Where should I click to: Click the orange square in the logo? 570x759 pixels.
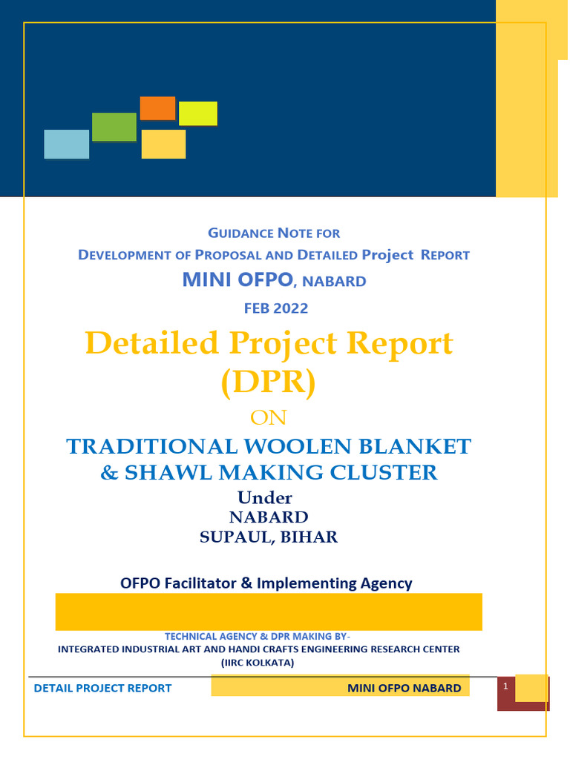coord(157,108)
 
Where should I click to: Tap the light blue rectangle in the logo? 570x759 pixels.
coord(67,144)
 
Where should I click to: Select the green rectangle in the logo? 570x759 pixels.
coord(114,127)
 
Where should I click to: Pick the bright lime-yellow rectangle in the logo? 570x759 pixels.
coord(198,113)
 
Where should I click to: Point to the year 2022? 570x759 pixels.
coord(292,308)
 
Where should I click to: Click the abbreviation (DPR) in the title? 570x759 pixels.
coord(269,382)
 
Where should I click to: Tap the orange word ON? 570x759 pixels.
coord(269,418)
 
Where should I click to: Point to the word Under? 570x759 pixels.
coord(265,497)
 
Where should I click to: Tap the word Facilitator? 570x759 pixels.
coord(195,583)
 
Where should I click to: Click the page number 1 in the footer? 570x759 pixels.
coord(505,687)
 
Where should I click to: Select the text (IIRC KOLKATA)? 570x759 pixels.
coord(258,663)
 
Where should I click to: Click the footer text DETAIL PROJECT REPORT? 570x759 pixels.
coord(102,689)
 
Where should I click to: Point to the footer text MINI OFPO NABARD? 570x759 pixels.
coord(404,689)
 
